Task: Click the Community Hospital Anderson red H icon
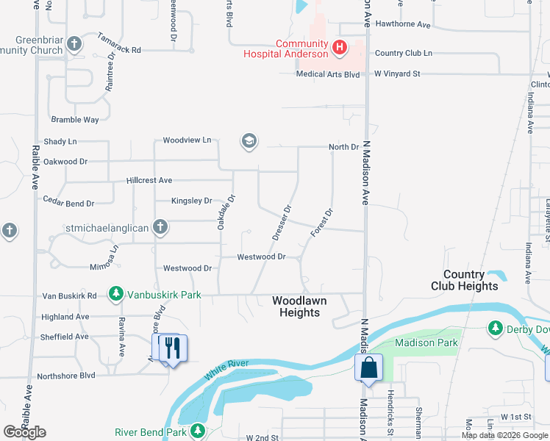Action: click(339, 49)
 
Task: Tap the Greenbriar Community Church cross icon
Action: click(74, 44)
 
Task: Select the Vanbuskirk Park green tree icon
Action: click(115, 295)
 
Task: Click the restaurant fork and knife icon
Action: click(173, 347)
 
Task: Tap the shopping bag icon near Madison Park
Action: click(368, 367)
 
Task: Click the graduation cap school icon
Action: click(249, 140)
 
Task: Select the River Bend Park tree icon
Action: click(197, 431)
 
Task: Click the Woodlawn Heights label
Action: click(296, 306)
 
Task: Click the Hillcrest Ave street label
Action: click(149, 180)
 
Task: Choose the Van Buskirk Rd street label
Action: click(69, 295)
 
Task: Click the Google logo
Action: click(24, 432)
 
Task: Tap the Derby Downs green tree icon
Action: click(496, 328)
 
